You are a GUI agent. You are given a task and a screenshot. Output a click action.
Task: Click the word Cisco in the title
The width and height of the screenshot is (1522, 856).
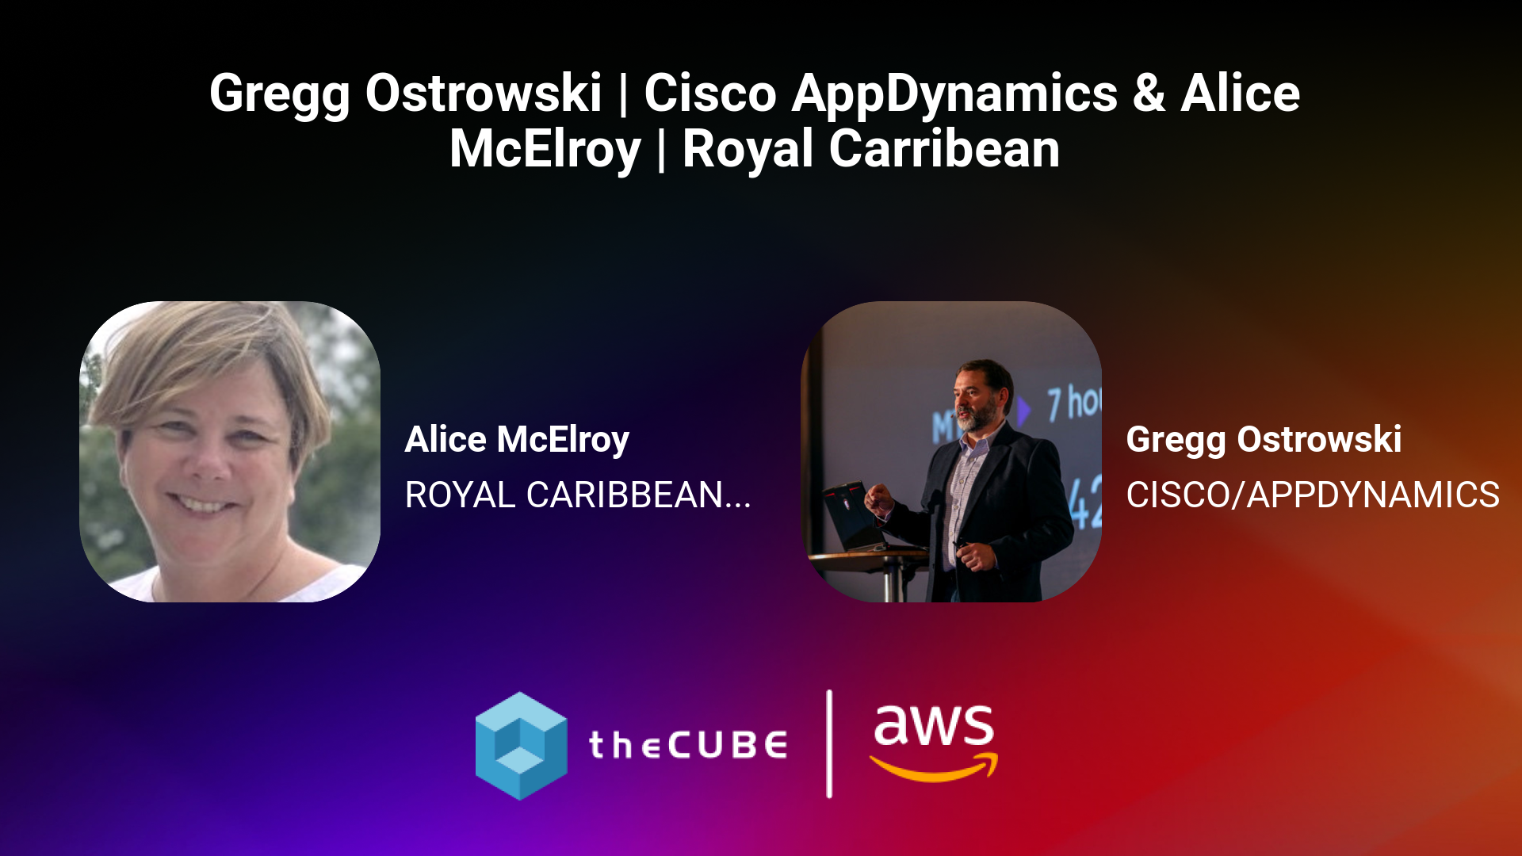click(x=710, y=94)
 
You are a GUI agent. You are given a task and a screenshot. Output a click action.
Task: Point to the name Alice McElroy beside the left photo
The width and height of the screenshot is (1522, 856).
click(x=517, y=441)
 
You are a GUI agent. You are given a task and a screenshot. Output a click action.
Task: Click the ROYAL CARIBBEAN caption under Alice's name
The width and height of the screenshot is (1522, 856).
click(x=564, y=495)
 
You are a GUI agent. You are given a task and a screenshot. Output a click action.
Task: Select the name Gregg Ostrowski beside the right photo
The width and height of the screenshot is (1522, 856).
click(x=1264, y=441)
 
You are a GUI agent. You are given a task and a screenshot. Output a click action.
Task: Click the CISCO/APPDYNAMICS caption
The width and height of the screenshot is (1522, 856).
click(x=1313, y=495)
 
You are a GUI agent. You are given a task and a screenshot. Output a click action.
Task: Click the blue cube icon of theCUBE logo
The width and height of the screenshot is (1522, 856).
click(x=521, y=746)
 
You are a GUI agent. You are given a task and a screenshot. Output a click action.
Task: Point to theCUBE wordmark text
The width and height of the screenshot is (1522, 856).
click(x=688, y=745)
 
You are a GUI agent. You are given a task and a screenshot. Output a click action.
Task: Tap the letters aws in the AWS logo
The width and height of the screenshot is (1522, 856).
click(x=933, y=725)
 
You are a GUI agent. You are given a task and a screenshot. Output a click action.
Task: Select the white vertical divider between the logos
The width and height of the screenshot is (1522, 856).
click(x=829, y=743)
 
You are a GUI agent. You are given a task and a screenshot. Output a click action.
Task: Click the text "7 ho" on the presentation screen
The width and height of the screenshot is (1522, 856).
click(x=1074, y=403)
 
